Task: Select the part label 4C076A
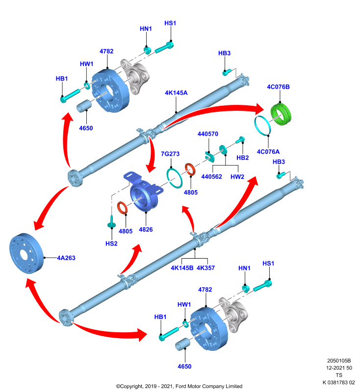click(x=268, y=151)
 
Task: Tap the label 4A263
click(x=66, y=258)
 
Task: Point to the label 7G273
click(x=170, y=154)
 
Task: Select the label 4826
click(x=146, y=229)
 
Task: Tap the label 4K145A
click(x=176, y=93)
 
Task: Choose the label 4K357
click(x=206, y=268)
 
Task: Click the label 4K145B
click(x=182, y=268)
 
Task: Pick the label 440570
click(x=208, y=134)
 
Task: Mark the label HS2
click(x=111, y=244)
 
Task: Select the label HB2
click(x=242, y=158)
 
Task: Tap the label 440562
click(x=212, y=177)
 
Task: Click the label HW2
click(x=237, y=177)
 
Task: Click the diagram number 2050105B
click(x=339, y=361)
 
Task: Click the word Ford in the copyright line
click(x=181, y=386)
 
